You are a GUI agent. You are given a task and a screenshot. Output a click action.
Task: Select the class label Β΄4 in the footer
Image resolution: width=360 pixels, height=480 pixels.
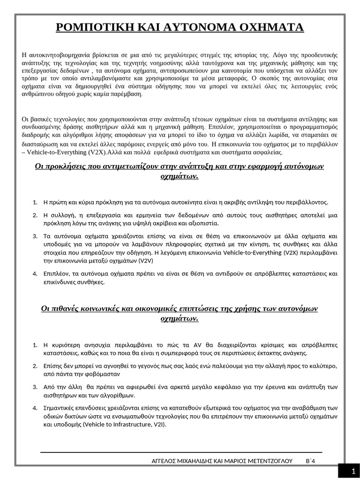pyautogui.click(x=311, y=461)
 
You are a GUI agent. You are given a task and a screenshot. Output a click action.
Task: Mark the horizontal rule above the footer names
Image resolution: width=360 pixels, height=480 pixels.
pyautogui.click(x=181, y=452)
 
